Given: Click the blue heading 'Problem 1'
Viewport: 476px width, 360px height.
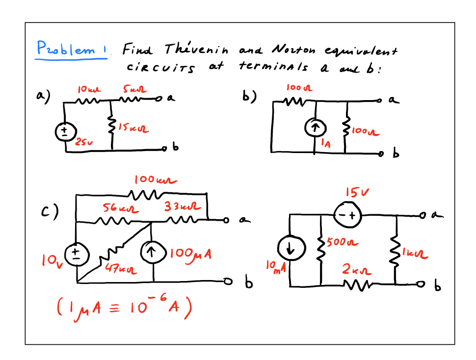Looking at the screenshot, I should (72, 49).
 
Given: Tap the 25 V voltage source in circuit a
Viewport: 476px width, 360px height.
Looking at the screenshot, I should (66, 132).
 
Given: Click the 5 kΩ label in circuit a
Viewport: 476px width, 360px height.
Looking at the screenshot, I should (132, 90).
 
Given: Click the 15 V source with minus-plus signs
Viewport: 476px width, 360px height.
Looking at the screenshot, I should (347, 215).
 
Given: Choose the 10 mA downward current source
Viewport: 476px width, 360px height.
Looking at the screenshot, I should (291, 250).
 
